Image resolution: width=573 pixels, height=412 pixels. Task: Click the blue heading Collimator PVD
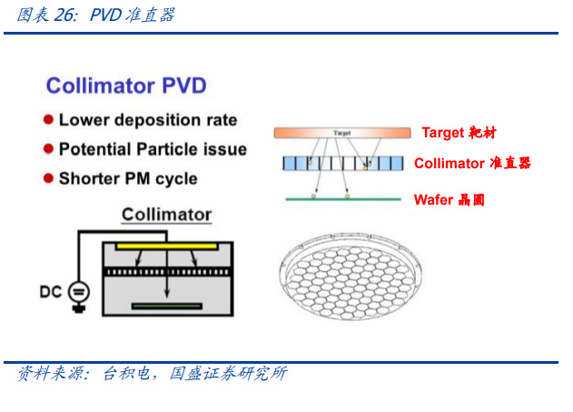click(x=126, y=85)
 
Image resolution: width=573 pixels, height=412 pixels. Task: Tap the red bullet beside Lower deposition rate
click(x=48, y=120)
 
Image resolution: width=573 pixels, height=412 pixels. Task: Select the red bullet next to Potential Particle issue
click(x=48, y=149)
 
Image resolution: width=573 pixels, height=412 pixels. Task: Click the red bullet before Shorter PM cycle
click(x=48, y=178)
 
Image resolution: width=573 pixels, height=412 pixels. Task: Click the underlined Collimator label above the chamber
click(x=167, y=215)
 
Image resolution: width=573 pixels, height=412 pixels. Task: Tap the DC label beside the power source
click(x=51, y=292)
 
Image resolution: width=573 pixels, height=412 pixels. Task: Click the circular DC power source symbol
click(x=79, y=292)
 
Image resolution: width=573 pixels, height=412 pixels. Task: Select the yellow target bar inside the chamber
click(x=167, y=246)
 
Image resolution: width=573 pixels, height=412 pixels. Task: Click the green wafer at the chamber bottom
click(x=167, y=306)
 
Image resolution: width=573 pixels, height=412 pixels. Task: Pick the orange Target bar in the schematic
click(x=342, y=133)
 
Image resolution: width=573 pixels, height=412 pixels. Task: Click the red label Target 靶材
click(x=459, y=133)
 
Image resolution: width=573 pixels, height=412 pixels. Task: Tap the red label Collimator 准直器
click(x=472, y=163)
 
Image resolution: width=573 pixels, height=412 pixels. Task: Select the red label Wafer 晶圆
click(x=450, y=200)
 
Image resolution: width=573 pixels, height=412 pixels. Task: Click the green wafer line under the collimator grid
click(x=343, y=199)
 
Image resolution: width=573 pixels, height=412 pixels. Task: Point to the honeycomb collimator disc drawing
click(x=351, y=277)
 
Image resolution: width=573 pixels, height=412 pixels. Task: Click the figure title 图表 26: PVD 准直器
click(x=96, y=15)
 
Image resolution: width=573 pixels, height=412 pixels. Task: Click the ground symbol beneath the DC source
click(x=79, y=308)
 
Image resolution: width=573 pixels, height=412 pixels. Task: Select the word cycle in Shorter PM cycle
click(x=176, y=179)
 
